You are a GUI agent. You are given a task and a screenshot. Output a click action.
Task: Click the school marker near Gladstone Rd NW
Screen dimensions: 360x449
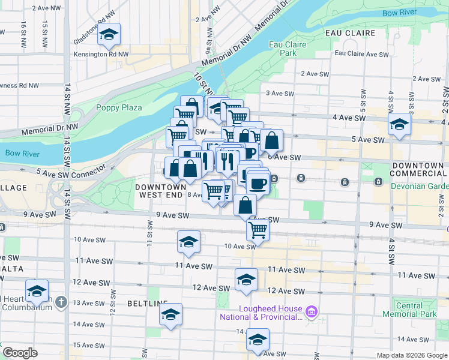[x=109, y=35]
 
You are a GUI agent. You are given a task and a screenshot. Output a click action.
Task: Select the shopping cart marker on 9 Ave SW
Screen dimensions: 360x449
[x=258, y=229]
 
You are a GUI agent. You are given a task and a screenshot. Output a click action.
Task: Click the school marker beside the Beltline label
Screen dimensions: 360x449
[x=171, y=314]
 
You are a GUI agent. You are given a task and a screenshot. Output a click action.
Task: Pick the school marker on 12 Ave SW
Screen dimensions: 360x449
[x=246, y=280]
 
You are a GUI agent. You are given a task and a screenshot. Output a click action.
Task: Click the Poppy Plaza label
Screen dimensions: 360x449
[x=119, y=107]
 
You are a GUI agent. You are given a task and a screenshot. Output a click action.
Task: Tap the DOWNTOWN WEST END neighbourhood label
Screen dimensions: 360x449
[x=161, y=191]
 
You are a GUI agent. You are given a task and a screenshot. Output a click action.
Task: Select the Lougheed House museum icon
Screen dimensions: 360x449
[x=311, y=311]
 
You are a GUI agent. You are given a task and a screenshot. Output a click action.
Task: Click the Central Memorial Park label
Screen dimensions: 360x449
[x=410, y=310]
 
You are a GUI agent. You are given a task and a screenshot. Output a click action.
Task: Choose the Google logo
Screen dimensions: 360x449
[x=20, y=353]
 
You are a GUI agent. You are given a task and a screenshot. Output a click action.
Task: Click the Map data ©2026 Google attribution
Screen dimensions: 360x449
[x=411, y=355]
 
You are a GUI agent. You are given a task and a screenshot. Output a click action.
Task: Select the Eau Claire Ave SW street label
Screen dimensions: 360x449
[x=361, y=54]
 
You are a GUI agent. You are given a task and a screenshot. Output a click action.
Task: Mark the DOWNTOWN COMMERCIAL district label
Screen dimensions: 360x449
[x=418, y=169]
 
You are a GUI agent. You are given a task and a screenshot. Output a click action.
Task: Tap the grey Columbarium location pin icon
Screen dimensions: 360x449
[x=61, y=302]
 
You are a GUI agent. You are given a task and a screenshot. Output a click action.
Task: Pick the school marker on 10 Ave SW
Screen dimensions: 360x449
[x=188, y=242]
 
